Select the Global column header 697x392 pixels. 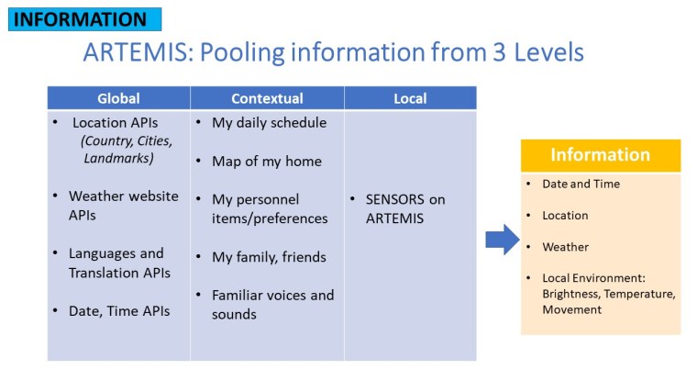click(118, 98)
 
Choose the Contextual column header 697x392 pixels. click(267, 98)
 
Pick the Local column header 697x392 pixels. click(410, 98)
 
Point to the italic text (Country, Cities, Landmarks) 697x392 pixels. click(126, 150)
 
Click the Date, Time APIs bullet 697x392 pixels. click(119, 311)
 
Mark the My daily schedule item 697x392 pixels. click(269, 122)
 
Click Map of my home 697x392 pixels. click(266, 161)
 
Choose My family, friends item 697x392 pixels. click(269, 257)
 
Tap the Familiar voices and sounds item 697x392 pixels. click(271, 304)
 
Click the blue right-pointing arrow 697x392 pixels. click(501, 240)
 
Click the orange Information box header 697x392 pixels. click(600, 155)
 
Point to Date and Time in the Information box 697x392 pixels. click(581, 184)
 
